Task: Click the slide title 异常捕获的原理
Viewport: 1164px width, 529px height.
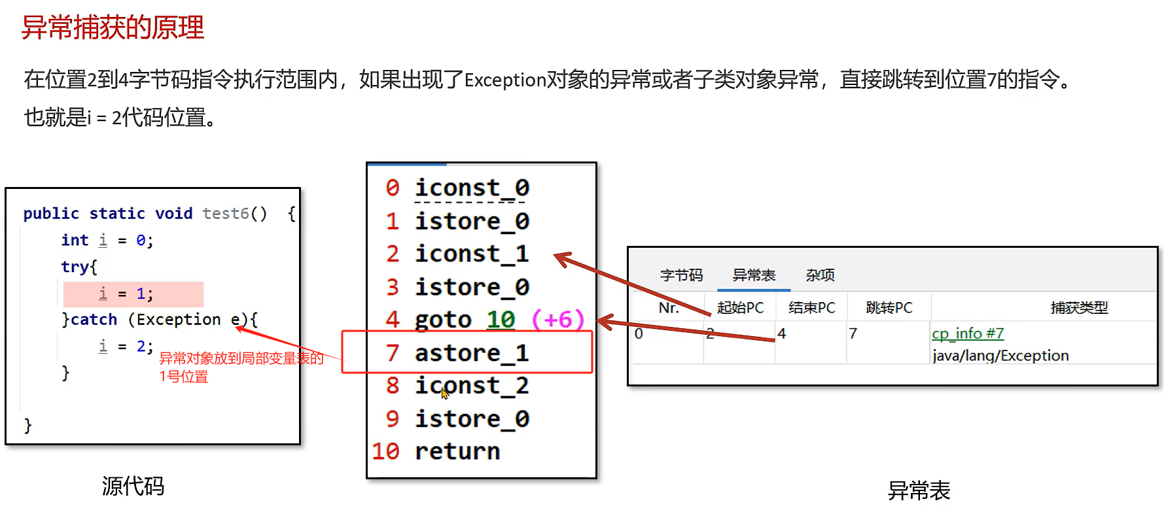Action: (x=113, y=27)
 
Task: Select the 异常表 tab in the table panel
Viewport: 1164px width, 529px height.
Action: (x=754, y=275)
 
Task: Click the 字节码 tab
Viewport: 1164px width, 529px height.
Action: (x=681, y=275)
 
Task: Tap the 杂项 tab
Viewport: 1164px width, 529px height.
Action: (x=820, y=275)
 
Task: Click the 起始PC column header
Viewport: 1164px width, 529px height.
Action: (x=740, y=307)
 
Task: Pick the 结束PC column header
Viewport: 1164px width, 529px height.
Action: (x=811, y=307)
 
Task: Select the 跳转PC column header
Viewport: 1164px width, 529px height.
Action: (x=889, y=307)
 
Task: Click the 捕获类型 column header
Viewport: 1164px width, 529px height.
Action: (x=1079, y=307)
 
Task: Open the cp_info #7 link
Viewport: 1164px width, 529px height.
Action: (x=967, y=333)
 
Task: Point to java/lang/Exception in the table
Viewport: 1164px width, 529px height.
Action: (x=1000, y=356)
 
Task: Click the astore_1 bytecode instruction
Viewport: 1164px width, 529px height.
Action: (x=471, y=353)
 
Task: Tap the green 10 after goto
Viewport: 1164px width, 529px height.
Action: (x=501, y=320)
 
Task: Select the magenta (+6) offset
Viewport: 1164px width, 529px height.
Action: (x=557, y=320)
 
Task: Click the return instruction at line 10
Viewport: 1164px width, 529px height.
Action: (x=457, y=451)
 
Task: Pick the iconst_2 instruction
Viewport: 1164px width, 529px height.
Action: (x=471, y=386)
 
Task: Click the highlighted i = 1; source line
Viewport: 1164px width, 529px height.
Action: (x=133, y=294)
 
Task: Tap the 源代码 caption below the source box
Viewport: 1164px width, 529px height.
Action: (x=133, y=486)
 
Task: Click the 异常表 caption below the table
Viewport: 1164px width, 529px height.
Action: (x=919, y=490)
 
